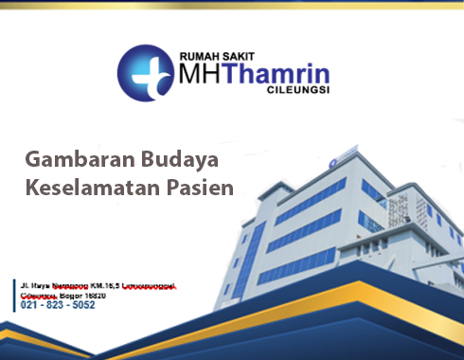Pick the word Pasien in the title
[198, 187]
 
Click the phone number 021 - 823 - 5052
[58, 305]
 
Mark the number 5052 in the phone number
[82, 305]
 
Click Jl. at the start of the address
[25, 284]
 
